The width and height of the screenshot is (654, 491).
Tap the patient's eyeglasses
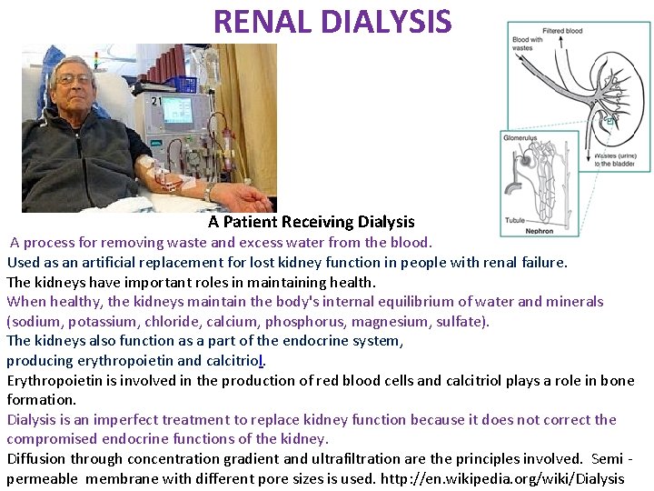[x=75, y=81]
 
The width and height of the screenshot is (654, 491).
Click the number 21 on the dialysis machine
[x=156, y=102]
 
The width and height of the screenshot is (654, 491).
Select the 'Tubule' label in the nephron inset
[x=516, y=220]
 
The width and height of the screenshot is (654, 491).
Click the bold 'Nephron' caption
[x=540, y=231]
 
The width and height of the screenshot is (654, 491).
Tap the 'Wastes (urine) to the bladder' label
[x=615, y=159]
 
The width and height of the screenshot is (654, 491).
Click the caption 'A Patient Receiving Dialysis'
[x=311, y=222]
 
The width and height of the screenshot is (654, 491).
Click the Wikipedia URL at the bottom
[x=503, y=478]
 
